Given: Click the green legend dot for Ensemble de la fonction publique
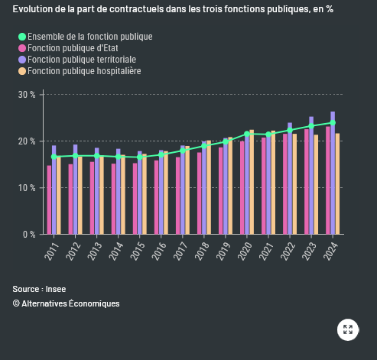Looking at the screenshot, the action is tap(22, 37).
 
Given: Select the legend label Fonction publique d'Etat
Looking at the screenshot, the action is tap(73, 48).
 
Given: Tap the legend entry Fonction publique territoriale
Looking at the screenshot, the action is tap(82, 60).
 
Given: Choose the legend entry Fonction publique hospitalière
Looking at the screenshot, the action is tap(84, 71).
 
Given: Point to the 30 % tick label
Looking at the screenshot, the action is tap(27, 95).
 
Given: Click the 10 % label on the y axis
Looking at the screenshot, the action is tap(27, 188).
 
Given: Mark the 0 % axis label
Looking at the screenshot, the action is tap(29, 235).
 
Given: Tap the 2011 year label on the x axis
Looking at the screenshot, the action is tap(51, 251).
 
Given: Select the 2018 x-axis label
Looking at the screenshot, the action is tap(202, 251).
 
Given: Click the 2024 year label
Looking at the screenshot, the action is tap(330, 251).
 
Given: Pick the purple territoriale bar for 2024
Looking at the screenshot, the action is tap(333, 173).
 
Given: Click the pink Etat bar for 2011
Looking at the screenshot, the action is tap(49, 199).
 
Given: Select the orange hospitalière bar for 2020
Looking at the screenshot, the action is tap(252, 182).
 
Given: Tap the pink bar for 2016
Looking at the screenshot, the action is tap(156, 197).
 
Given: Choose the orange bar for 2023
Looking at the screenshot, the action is tap(316, 184).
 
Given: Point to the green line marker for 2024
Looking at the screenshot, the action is tap(333, 123).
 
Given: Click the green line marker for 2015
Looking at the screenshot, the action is tap(140, 157).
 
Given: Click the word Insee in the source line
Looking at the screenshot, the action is tap(56, 289).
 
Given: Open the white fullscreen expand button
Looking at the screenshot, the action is tap(348, 329).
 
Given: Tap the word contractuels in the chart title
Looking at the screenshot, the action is tap(137, 9).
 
